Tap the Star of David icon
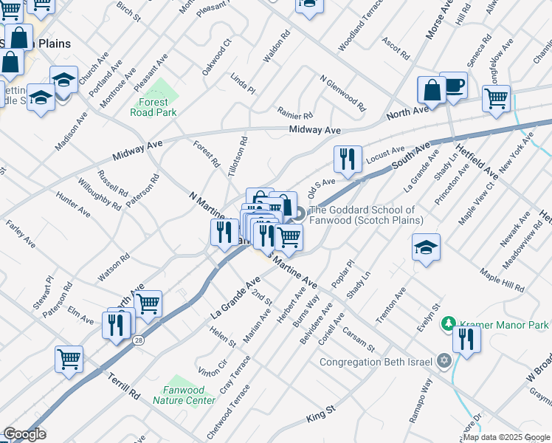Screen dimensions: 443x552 click(444, 361)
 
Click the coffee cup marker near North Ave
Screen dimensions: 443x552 click(453, 87)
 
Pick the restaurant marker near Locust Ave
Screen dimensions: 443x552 click(347, 159)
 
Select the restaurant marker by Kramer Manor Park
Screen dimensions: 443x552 click(466, 340)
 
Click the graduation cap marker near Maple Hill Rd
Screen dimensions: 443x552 click(427, 248)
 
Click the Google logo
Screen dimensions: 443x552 click(25, 434)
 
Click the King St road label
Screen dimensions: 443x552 click(320, 413)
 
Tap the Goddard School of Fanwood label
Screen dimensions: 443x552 click(368, 215)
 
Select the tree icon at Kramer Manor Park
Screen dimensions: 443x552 click(447, 324)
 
